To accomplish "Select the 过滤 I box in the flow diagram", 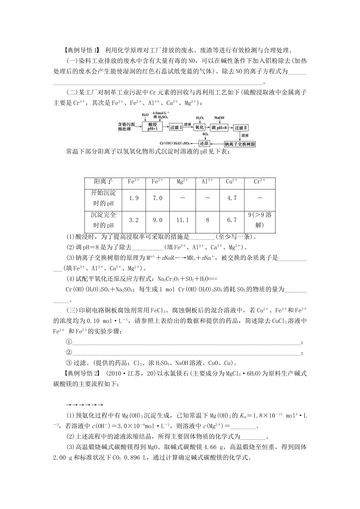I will [x=175, y=127].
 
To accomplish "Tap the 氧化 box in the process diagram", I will [x=199, y=127].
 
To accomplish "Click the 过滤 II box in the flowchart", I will [x=241, y=128].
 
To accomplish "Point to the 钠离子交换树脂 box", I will [x=239, y=144].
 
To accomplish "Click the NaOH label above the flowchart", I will [x=219, y=118].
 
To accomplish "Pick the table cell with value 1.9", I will [x=134, y=198].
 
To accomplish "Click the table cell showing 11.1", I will [x=182, y=220].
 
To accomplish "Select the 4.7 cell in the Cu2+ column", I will [x=232, y=198].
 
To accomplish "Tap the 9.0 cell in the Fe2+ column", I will [x=157, y=220].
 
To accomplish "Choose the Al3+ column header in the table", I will [x=207, y=182].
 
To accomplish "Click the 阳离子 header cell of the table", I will [x=103, y=182].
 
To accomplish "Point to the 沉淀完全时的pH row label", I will [x=103, y=220].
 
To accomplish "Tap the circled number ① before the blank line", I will [x=69, y=342].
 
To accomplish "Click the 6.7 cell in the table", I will [x=232, y=220].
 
